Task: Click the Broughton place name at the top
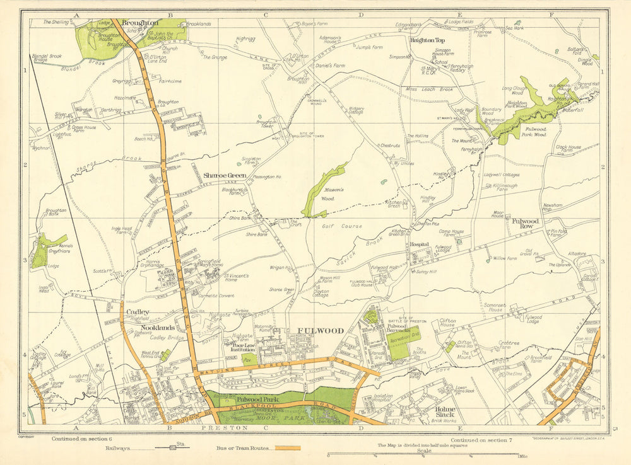click(140, 22)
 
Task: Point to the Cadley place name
click(137, 312)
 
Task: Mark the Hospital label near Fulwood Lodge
click(420, 244)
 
